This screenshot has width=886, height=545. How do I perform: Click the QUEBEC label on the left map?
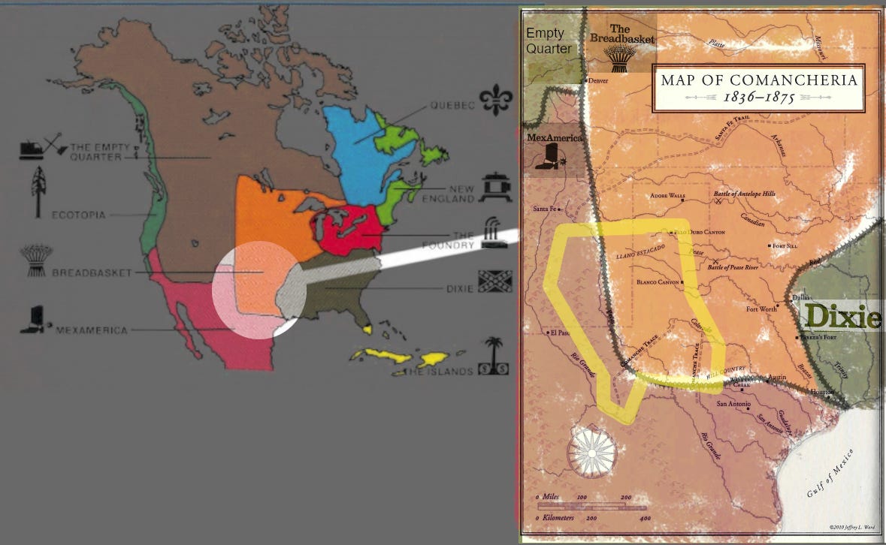(453, 106)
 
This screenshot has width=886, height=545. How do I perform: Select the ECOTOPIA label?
(78, 215)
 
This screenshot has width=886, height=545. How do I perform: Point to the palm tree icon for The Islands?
(494, 350)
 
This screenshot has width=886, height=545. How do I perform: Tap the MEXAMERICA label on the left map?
(92, 330)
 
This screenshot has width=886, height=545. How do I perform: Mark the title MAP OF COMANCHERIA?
(758, 80)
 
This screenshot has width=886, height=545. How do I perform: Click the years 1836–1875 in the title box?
(758, 98)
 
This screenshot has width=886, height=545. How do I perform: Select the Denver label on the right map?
(599, 80)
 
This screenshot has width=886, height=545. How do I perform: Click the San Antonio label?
(733, 404)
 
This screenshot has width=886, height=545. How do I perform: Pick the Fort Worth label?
(762, 309)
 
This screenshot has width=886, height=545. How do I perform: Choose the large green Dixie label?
(841, 317)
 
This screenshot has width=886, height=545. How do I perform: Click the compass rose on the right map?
(593, 453)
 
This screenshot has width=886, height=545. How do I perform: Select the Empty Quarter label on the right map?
(549, 41)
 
